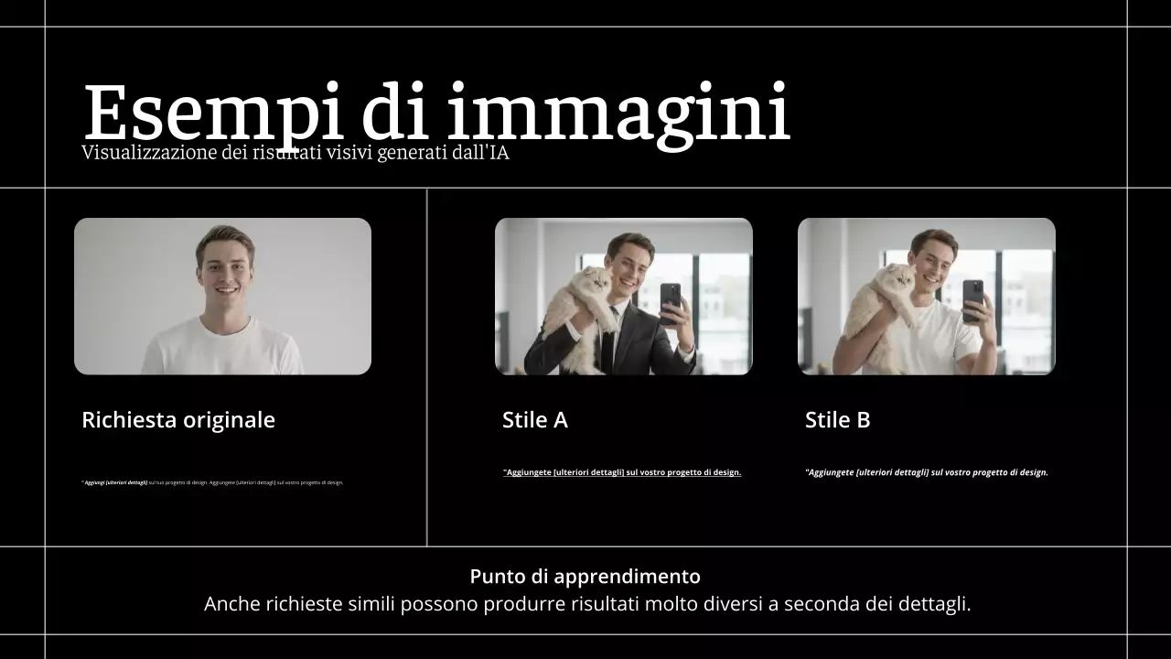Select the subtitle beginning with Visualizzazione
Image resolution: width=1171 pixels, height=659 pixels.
pos(295,153)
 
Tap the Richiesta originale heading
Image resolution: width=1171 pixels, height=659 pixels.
pos(178,420)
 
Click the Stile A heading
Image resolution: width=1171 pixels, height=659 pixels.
pos(534,420)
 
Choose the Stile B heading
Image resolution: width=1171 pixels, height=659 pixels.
pos(837,420)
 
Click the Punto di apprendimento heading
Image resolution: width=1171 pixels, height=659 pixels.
pos(585,577)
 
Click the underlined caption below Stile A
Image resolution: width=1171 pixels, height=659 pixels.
pos(622,472)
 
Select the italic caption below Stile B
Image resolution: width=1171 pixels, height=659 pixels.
pos(926,472)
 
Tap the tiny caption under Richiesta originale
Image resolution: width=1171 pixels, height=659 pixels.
pos(212,482)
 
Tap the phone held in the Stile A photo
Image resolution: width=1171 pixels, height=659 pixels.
pos(671,300)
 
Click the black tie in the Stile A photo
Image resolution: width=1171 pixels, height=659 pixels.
pos(608,343)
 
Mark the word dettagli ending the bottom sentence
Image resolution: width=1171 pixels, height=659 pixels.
pos(939,604)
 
